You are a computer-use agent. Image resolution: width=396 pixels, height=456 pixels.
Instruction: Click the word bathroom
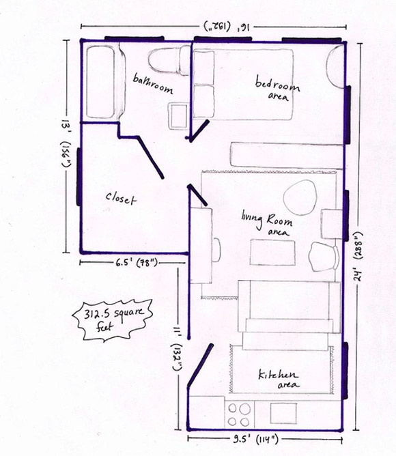coord(153,84)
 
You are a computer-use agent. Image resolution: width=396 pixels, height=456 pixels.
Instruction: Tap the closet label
coord(121,199)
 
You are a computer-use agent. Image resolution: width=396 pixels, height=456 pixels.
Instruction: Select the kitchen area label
coord(279,380)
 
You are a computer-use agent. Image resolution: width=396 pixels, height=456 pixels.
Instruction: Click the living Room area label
coord(267,223)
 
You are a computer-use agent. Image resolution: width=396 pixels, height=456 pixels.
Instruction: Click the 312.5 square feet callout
coord(113,320)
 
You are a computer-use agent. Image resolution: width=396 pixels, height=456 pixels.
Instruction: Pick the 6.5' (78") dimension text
coord(137,263)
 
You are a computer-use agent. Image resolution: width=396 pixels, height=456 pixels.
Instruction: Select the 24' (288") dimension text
coord(358,256)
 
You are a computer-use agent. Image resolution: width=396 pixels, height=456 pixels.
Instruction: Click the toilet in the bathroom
coord(169,61)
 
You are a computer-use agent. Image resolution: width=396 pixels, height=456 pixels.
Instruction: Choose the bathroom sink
coord(178,116)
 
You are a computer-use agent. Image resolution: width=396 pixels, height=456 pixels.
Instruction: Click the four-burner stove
coord(240,414)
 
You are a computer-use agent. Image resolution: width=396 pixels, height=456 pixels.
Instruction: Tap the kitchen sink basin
coord(283,413)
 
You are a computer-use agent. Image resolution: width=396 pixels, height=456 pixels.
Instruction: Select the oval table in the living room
coord(300,197)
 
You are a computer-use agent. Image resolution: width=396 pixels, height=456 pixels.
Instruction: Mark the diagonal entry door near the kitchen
coord(201,365)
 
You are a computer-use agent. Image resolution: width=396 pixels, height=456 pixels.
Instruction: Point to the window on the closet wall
coord(79,177)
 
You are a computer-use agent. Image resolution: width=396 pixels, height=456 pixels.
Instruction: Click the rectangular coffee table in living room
coord(272,252)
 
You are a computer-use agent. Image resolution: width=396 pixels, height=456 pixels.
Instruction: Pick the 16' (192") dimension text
coord(227,26)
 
